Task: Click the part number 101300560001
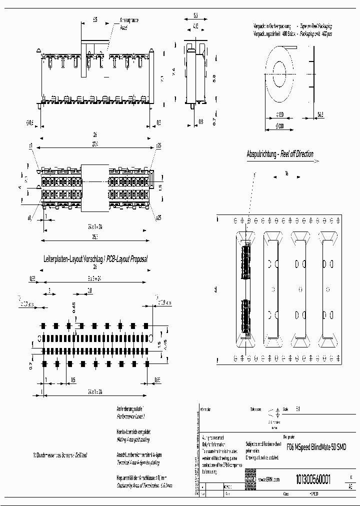313,478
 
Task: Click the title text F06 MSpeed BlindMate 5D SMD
317,446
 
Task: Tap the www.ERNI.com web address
268,479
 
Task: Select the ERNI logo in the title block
250,478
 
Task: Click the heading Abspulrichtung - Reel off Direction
280,154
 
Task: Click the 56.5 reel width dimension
320,114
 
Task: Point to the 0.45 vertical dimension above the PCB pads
73,305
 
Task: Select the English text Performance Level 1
130,415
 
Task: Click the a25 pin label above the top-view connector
158,145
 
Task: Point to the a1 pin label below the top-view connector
30,218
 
